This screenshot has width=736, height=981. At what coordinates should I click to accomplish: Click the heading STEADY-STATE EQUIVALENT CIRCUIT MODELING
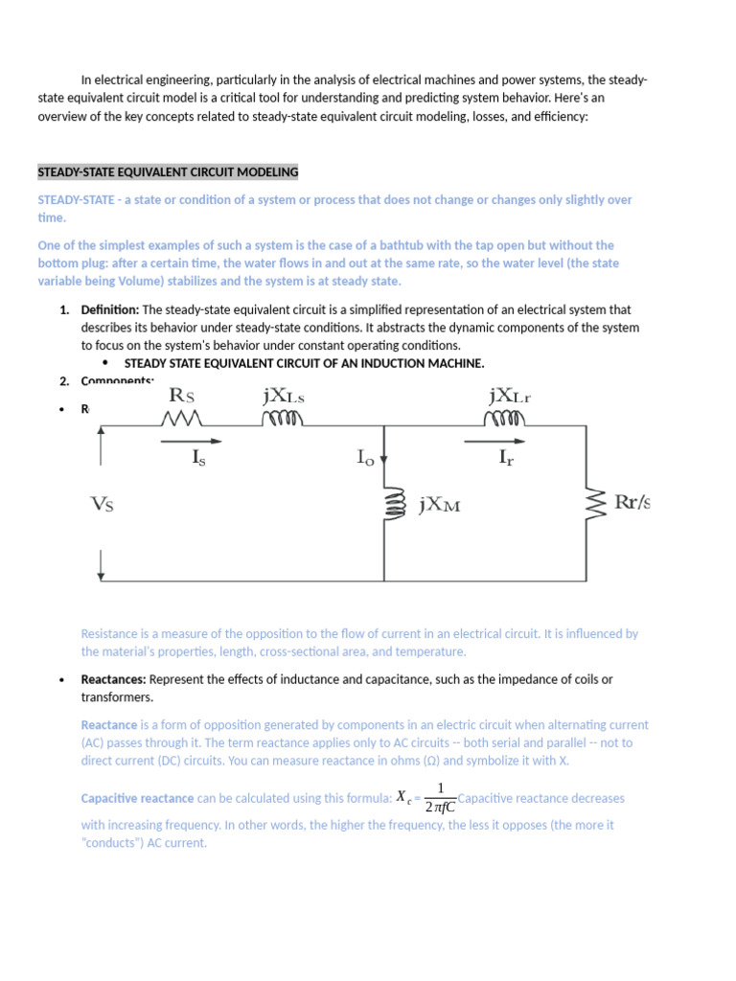(168, 172)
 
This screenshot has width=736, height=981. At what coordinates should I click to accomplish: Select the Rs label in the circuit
(188, 396)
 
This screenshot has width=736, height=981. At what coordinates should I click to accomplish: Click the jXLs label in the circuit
(283, 396)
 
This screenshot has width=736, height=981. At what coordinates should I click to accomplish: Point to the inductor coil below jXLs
(283, 419)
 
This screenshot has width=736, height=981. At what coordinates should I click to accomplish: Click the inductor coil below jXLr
(505, 419)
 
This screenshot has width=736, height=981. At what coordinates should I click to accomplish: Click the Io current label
(365, 459)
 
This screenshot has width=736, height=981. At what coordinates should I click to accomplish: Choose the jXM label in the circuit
(440, 504)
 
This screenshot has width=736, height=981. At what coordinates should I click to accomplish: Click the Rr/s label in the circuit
(632, 502)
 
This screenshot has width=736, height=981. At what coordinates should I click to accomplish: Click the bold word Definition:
(110, 310)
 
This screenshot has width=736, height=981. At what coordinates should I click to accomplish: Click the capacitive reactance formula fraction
(439, 796)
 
